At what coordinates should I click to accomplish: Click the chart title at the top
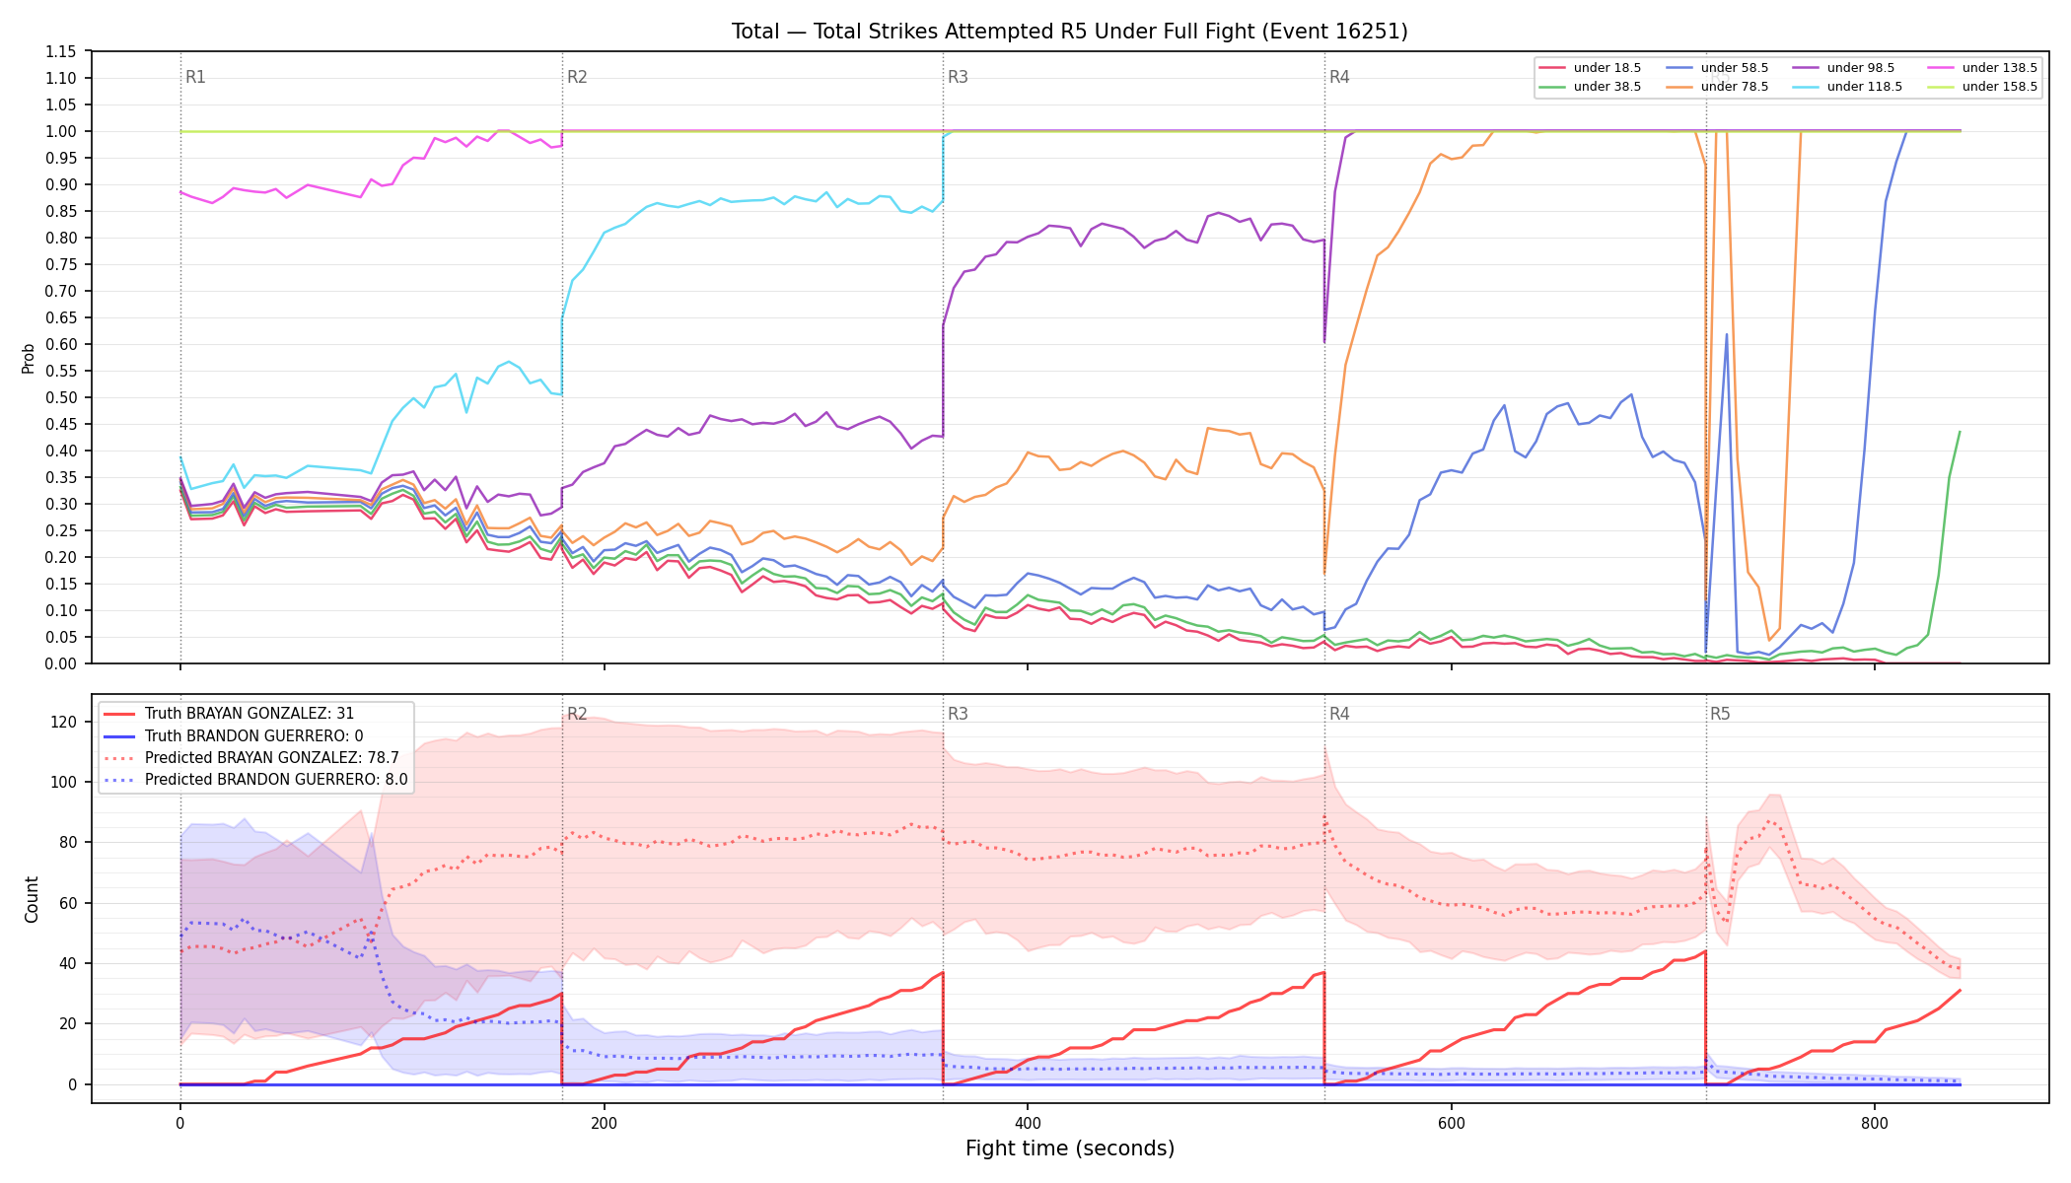click(x=1069, y=32)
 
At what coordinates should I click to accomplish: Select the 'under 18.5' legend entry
click(x=1590, y=68)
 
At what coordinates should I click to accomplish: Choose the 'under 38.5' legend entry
click(x=1590, y=87)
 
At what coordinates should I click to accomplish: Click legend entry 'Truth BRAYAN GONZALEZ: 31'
click(x=229, y=714)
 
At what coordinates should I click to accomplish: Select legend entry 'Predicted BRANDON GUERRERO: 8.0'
click(x=255, y=780)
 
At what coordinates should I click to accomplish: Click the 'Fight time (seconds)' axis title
click(x=1070, y=1148)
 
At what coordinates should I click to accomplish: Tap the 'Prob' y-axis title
click(x=29, y=358)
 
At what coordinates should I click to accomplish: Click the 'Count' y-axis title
click(x=32, y=899)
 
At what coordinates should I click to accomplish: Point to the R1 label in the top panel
click(x=195, y=77)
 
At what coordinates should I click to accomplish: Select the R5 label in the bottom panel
click(x=1720, y=714)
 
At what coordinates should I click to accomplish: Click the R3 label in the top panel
click(x=958, y=77)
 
